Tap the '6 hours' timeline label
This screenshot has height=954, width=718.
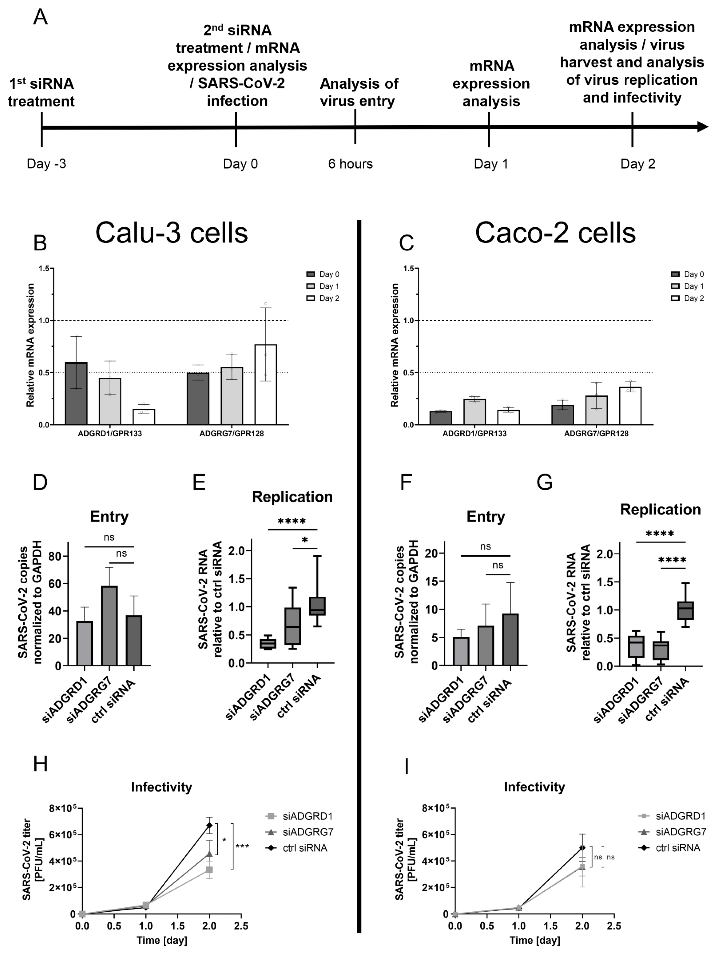tap(350, 164)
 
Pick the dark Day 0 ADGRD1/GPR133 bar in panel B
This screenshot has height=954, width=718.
tap(76, 393)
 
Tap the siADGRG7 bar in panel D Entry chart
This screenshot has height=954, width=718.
tap(109, 625)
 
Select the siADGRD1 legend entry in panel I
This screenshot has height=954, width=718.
tap(672, 816)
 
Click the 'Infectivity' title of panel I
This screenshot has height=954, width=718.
tap(534, 787)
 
